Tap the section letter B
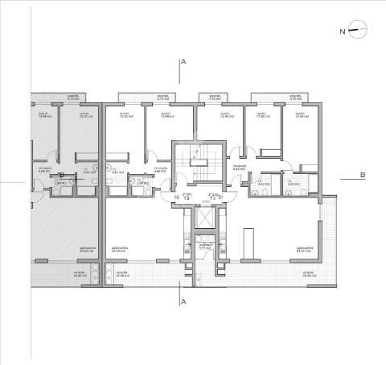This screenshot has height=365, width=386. point(363,176)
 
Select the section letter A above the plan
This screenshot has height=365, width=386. point(184,62)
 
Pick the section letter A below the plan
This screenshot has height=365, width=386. point(184,301)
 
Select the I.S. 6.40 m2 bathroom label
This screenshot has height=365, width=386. point(262,184)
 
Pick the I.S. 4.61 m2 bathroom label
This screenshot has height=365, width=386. point(116,171)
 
